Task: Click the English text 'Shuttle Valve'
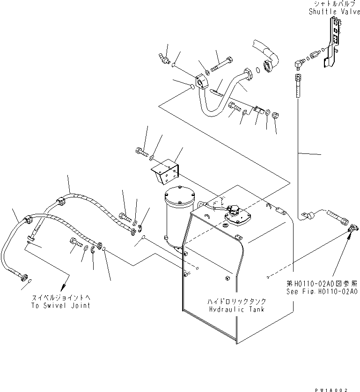click(334, 12)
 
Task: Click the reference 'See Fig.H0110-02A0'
click(323, 290)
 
